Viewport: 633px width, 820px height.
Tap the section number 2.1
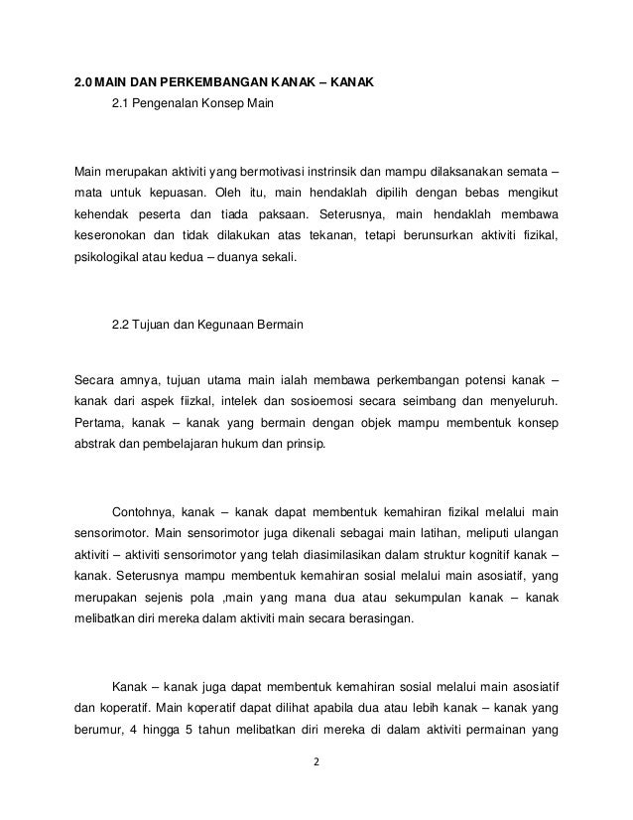122,103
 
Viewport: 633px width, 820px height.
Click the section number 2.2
122,324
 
